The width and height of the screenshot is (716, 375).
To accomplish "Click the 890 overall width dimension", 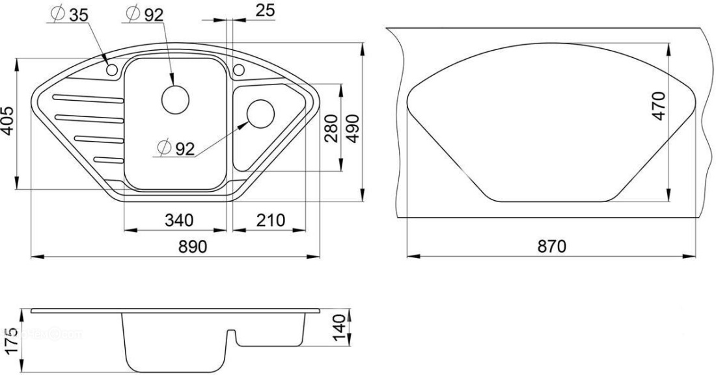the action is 192,247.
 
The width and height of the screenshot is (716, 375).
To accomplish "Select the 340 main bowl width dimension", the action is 179,220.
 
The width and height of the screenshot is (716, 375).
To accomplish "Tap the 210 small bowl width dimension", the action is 270,220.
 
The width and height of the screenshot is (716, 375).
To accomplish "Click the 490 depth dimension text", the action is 352,129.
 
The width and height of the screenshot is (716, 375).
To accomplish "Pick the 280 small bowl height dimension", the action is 331,129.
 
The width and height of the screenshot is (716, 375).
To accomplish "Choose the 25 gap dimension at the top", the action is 266,10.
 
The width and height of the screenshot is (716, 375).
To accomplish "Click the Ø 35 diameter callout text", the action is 70,14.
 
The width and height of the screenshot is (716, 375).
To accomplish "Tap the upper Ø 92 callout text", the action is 144,14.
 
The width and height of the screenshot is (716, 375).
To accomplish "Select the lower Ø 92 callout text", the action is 176,148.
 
